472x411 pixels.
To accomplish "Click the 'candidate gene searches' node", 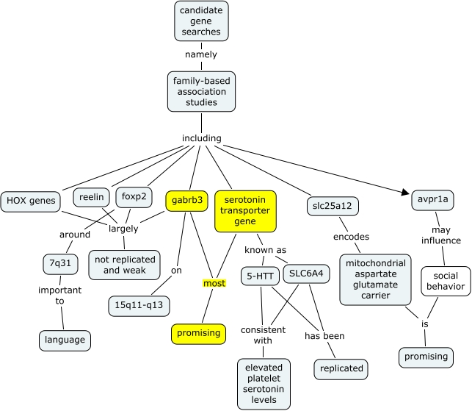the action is [201, 21].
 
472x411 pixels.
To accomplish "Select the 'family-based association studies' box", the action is [201, 92].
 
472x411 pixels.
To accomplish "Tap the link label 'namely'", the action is [201, 54].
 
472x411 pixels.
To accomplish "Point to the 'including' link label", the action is [202, 138].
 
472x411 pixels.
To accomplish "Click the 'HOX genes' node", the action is [31, 201].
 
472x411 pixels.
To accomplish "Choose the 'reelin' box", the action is [92, 197].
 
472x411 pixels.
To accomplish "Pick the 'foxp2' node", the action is [134, 197].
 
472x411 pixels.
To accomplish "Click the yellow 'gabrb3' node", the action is [187, 201].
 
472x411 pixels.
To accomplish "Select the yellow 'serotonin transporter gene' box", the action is [245, 211].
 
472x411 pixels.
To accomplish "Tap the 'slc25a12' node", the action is [333, 207].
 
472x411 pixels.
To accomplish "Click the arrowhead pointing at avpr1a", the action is [406, 192].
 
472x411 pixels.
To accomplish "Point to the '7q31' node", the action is [60, 263].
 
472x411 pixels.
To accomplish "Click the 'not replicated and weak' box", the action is [125, 265].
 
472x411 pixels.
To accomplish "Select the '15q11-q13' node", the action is [139, 306].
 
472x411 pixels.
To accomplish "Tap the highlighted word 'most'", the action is [214, 284].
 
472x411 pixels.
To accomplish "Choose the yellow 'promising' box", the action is [199, 334].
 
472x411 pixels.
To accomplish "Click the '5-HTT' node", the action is [260, 276].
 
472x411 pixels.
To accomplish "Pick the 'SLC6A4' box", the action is [306, 274].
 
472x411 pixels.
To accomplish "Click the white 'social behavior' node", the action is [446, 282].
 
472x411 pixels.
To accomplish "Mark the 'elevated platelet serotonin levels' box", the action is [264, 384].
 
